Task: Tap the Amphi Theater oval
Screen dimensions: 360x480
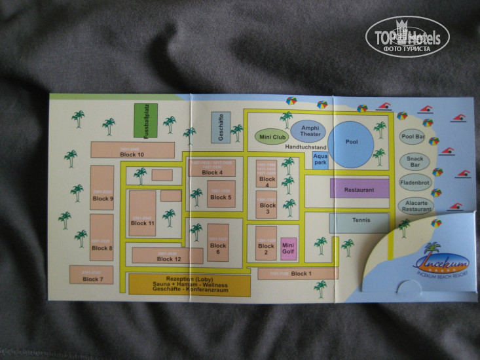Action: tap(310, 130)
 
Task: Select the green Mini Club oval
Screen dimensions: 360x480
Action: tap(270, 137)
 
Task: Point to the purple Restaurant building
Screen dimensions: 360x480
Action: tap(359, 189)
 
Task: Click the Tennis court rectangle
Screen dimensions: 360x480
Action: tap(359, 221)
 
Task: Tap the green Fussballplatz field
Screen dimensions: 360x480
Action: tap(145, 120)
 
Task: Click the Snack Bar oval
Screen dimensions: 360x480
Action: tap(414, 161)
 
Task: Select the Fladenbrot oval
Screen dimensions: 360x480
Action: tap(414, 183)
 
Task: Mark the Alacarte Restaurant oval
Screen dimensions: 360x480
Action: tap(416, 206)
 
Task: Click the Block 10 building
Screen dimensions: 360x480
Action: tap(132, 150)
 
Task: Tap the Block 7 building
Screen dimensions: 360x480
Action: tap(91, 275)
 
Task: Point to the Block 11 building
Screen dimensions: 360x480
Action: tap(142, 215)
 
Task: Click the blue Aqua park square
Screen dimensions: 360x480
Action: tap(320, 160)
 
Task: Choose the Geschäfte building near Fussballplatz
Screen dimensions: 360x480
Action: tap(221, 127)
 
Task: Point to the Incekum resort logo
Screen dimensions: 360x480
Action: tap(434, 261)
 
